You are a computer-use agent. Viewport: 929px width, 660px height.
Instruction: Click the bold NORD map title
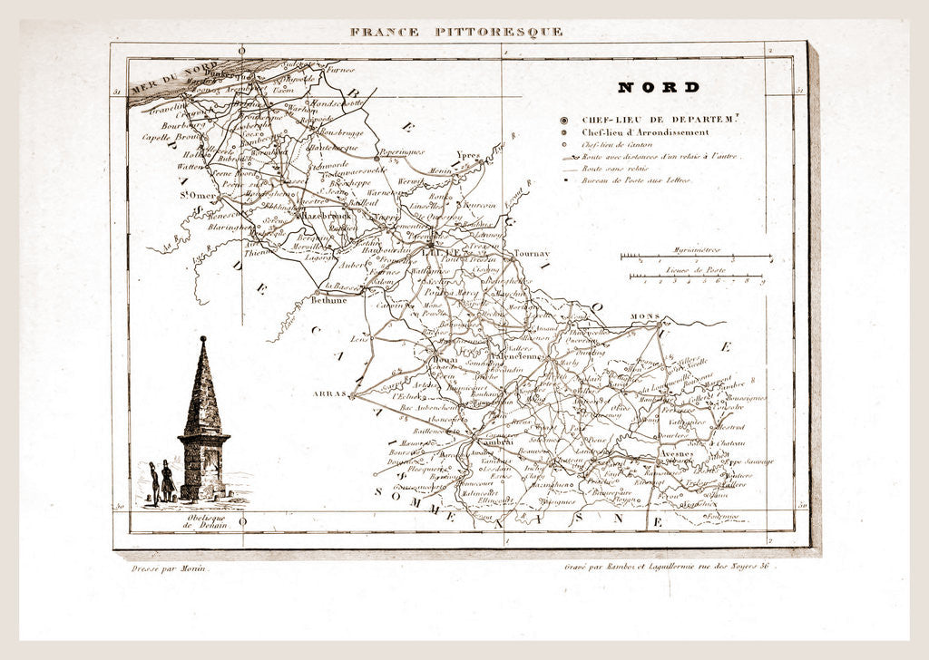click(659, 88)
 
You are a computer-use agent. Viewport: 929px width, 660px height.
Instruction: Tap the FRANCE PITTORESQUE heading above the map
click(456, 32)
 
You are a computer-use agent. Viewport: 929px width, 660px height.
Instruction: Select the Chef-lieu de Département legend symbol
click(564, 119)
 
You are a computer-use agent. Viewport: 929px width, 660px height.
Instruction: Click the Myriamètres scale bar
click(696, 256)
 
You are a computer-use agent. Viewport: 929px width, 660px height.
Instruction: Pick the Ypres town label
click(468, 154)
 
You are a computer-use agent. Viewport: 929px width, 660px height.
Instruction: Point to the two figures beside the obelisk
click(161, 480)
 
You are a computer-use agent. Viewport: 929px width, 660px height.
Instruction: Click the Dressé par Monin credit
click(163, 568)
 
